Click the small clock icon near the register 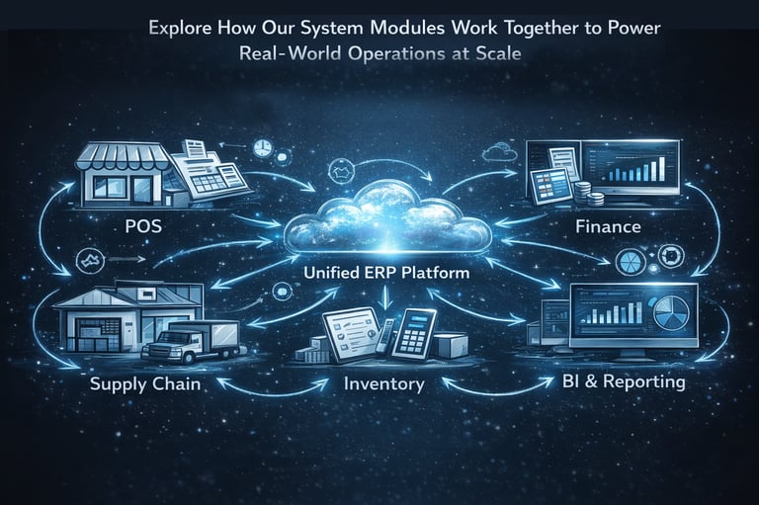click(x=262, y=149)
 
